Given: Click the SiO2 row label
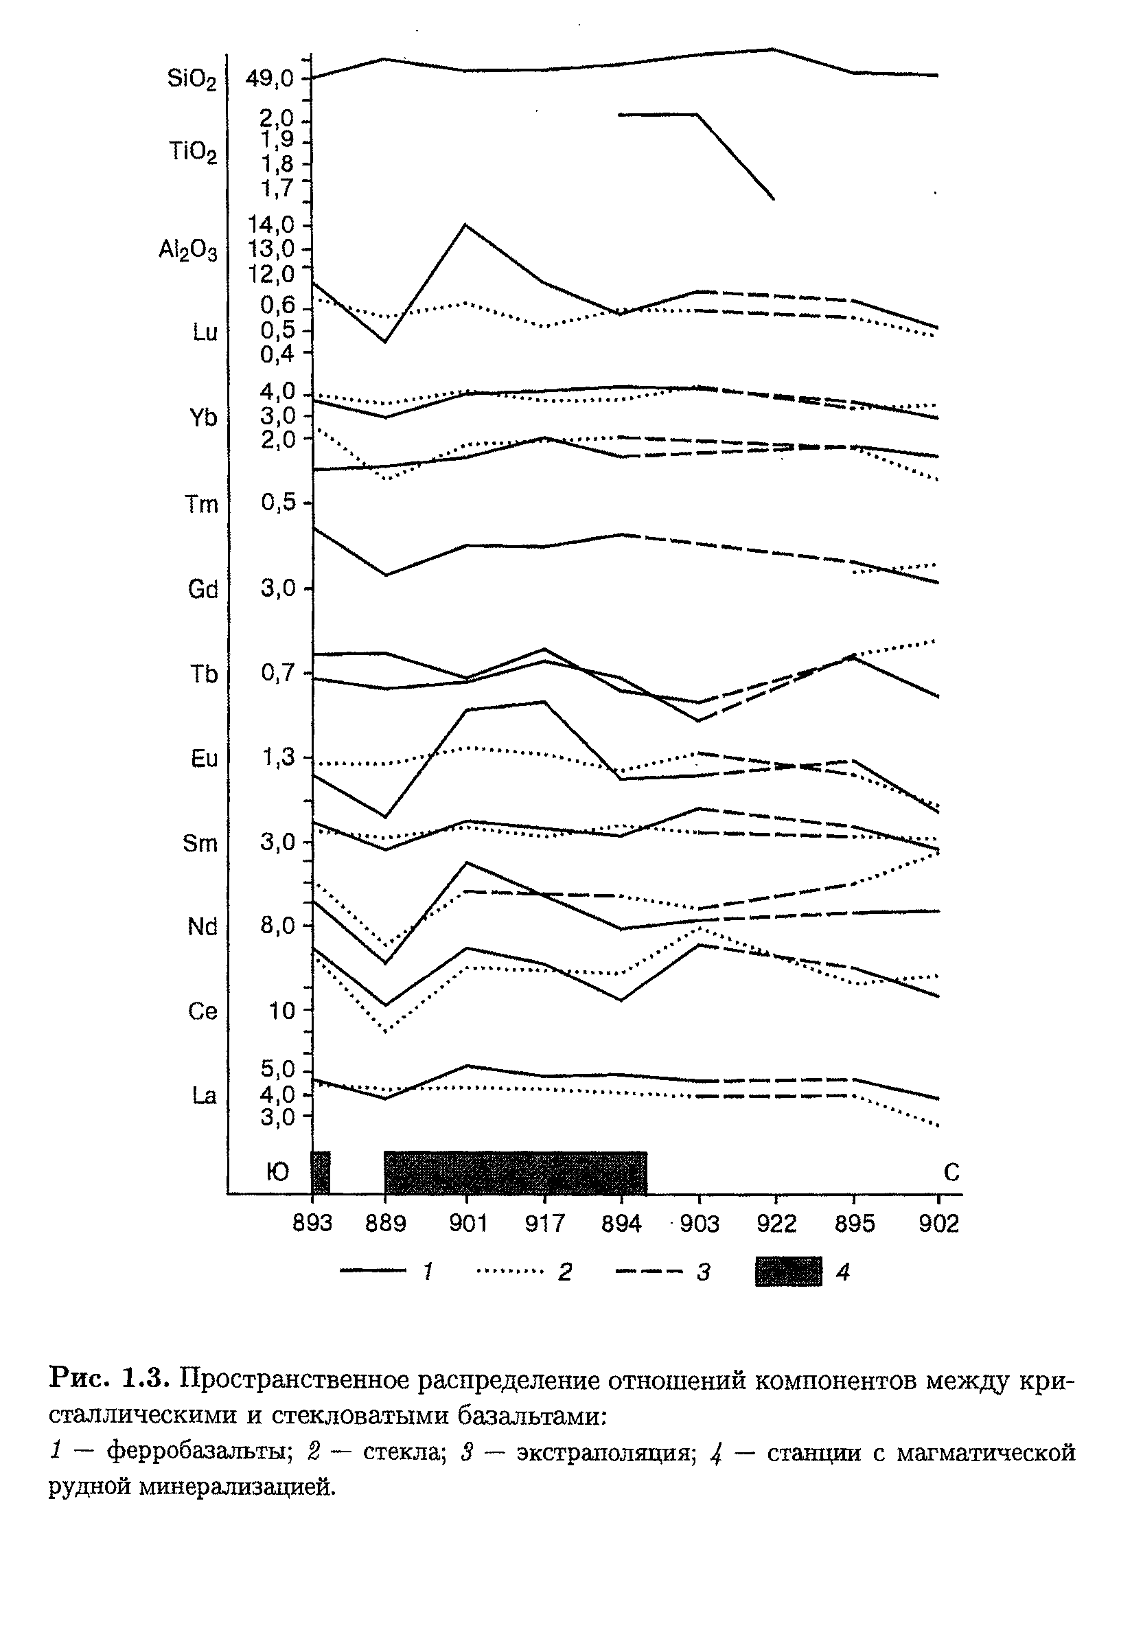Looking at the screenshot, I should tap(192, 80).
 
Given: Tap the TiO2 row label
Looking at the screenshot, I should tap(192, 152).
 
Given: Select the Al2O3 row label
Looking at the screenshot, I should tap(188, 250).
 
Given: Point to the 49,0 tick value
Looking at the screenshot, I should tap(270, 79).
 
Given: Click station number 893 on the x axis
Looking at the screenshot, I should tap(312, 1224).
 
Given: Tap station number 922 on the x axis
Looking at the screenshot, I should tap(776, 1224).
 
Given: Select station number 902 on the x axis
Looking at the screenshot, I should tap(938, 1224).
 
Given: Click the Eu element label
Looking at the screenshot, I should tap(204, 759).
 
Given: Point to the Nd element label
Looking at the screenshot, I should tap(202, 927).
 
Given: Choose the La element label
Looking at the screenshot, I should tap(204, 1096).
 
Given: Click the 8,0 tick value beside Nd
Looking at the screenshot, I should tap(277, 926).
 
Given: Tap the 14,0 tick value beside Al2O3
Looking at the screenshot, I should tap(271, 225).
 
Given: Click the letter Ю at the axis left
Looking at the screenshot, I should tap(277, 1173).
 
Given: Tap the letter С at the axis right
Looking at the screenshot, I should tap(951, 1173).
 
